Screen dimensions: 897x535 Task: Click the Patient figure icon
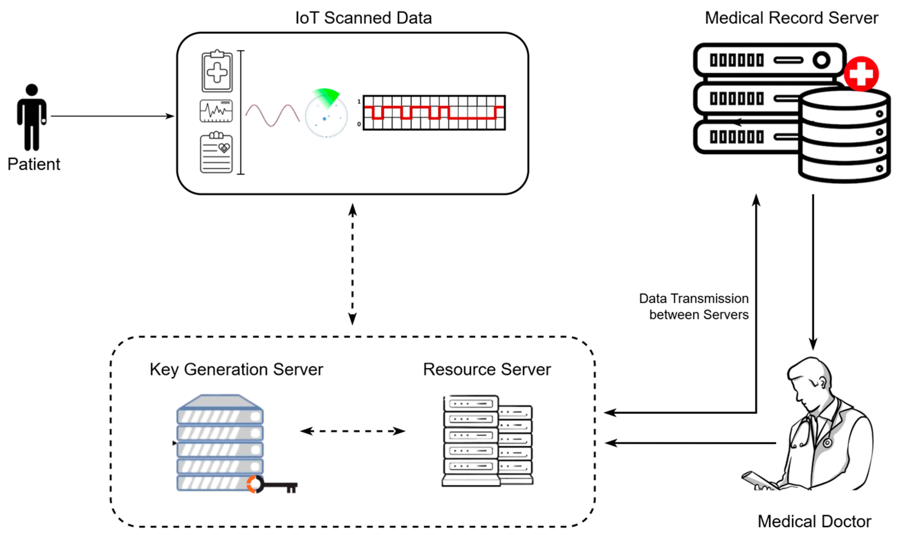point(32,117)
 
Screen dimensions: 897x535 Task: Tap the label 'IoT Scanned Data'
point(363,18)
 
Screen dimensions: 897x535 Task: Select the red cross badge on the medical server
point(861,74)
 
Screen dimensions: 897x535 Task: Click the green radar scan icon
point(326,113)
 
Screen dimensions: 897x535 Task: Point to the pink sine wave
point(272,115)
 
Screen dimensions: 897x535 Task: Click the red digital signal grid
point(434,113)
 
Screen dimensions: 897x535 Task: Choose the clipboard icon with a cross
point(217,71)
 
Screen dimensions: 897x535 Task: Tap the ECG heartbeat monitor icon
point(216,111)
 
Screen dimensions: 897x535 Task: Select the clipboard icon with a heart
point(216,152)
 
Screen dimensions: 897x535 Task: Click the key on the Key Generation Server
point(272,484)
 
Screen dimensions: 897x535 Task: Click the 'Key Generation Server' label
point(236,369)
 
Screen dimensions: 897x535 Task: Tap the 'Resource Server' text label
point(487,369)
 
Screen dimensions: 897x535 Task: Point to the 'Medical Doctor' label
point(814,521)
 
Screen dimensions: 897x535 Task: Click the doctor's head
point(808,382)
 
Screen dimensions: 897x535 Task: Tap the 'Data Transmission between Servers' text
point(694,306)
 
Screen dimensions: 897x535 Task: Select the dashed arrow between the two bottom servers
point(353,431)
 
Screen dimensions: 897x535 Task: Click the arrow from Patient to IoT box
point(112,116)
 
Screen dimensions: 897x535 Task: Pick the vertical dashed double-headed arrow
point(352,264)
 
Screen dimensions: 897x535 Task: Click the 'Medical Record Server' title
point(792,18)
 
